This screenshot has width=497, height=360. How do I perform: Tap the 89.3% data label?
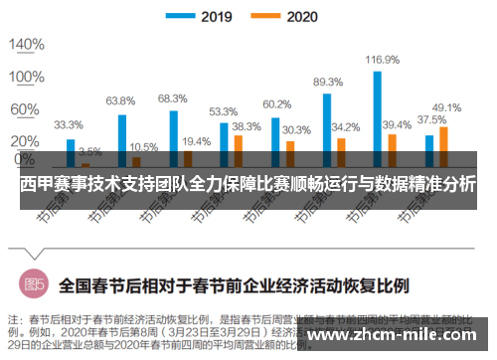327,82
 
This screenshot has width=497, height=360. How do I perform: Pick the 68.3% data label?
172,98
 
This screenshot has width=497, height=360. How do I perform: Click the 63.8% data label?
120,101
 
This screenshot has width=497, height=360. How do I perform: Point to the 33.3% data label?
68,125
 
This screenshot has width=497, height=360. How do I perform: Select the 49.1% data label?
446,107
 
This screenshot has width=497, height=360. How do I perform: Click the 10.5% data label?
143,145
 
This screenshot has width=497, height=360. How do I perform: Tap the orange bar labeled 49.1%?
443,145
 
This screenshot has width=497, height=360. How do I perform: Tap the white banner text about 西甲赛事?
248,184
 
